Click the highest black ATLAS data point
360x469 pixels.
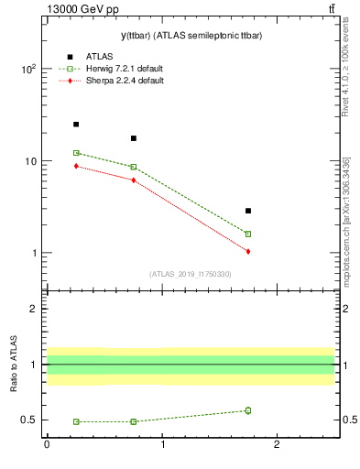(x=76, y=125)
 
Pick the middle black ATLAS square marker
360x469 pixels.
(x=134, y=138)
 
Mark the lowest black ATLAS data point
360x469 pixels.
(x=248, y=211)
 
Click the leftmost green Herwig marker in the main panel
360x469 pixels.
(x=76, y=153)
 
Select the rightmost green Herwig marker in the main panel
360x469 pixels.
(x=248, y=234)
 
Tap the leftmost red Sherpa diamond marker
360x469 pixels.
(x=76, y=166)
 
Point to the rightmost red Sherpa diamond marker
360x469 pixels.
(x=248, y=251)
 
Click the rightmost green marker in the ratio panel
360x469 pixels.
(x=248, y=410)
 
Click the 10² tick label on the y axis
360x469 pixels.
(x=27, y=70)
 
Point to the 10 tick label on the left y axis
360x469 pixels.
(x=29, y=161)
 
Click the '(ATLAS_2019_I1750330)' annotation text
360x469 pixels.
(x=190, y=274)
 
